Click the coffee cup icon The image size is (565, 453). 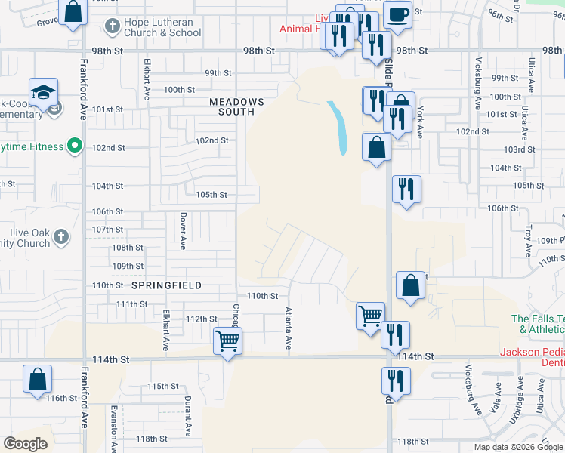[x=397, y=14]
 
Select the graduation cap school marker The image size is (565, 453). [x=44, y=92]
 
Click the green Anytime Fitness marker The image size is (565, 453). [x=74, y=146]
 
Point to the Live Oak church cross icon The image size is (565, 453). [x=61, y=237]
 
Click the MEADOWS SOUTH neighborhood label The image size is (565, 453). [x=236, y=106]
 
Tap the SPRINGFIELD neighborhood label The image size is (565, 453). [x=166, y=286]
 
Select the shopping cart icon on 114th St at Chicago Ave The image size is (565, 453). [x=227, y=341]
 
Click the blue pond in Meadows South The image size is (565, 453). [x=338, y=127]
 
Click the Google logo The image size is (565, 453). [x=26, y=444]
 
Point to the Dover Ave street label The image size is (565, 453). [x=183, y=230]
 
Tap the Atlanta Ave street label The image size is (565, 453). [x=289, y=328]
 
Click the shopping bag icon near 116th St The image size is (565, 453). [x=37, y=381]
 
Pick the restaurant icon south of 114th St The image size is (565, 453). [x=395, y=382]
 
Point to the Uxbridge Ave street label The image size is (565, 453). [x=517, y=405]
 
